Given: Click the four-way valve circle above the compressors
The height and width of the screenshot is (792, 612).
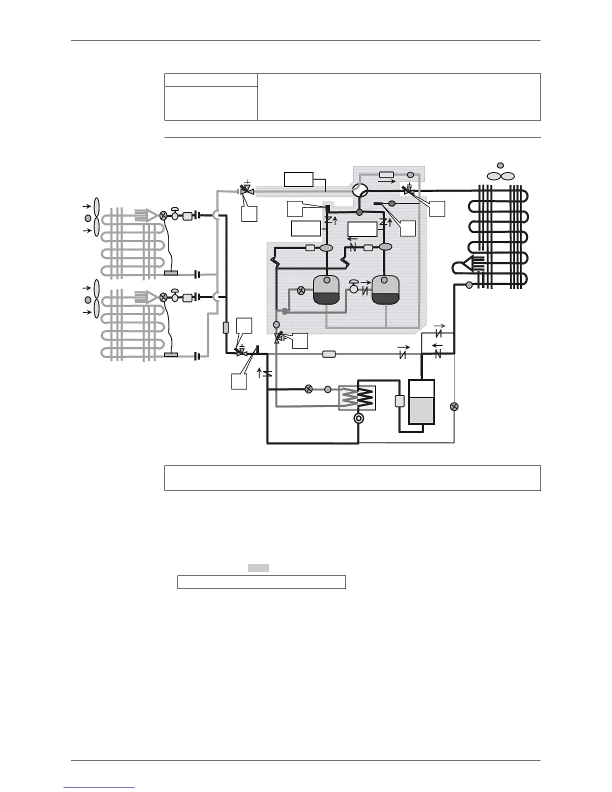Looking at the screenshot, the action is click(359, 190).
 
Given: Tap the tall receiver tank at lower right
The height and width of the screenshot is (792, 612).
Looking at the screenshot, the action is click(421, 402).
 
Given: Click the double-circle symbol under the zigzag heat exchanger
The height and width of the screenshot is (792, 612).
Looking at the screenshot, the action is click(358, 418).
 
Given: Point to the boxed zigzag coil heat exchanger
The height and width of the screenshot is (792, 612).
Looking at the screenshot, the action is click(357, 398).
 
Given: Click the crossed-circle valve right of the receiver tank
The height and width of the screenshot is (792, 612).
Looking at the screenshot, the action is click(454, 406).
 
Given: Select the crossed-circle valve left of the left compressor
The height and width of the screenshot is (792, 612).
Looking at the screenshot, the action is click(301, 290).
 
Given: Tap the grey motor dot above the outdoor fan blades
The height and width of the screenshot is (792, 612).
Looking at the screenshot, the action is click(500, 165).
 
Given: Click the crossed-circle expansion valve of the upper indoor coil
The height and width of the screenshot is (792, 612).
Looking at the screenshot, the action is click(163, 216).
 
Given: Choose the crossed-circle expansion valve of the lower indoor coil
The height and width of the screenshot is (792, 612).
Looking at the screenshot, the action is click(163, 296).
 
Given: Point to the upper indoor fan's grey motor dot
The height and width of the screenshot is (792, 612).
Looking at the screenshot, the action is click(88, 218).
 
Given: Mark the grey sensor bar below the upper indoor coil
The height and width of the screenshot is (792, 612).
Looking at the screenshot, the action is click(171, 273).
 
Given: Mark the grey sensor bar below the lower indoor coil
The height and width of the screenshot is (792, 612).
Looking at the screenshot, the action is click(171, 355).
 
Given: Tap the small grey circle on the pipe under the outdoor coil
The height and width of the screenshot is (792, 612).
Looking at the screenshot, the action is click(469, 285).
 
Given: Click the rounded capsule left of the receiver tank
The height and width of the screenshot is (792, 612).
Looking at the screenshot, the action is click(399, 401).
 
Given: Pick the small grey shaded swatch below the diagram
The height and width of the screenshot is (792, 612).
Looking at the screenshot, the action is click(258, 567).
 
